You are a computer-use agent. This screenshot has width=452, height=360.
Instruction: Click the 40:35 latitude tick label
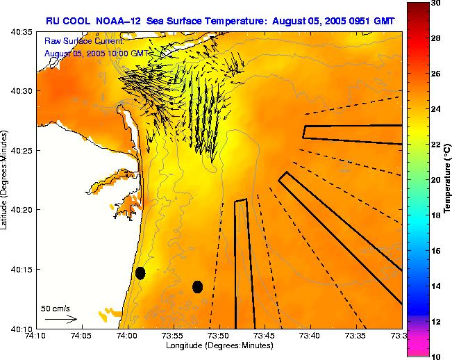(x=24, y=32)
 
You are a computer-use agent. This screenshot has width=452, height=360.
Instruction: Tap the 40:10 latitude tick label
(x=24, y=328)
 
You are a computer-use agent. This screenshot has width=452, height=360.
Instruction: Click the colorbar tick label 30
(x=435, y=3)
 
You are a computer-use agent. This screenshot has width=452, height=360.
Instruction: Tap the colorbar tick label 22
(x=435, y=145)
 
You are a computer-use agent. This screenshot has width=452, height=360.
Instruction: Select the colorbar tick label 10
(x=435, y=356)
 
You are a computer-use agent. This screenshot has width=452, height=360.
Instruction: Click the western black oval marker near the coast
(x=140, y=273)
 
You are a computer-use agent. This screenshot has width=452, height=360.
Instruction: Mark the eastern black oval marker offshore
(x=197, y=286)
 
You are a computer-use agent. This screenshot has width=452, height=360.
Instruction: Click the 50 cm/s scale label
(x=55, y=308)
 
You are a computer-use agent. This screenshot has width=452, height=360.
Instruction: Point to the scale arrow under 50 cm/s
(x=61, y=319)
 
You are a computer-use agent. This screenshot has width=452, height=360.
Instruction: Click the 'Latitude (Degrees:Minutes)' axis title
(x=6, y=180)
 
